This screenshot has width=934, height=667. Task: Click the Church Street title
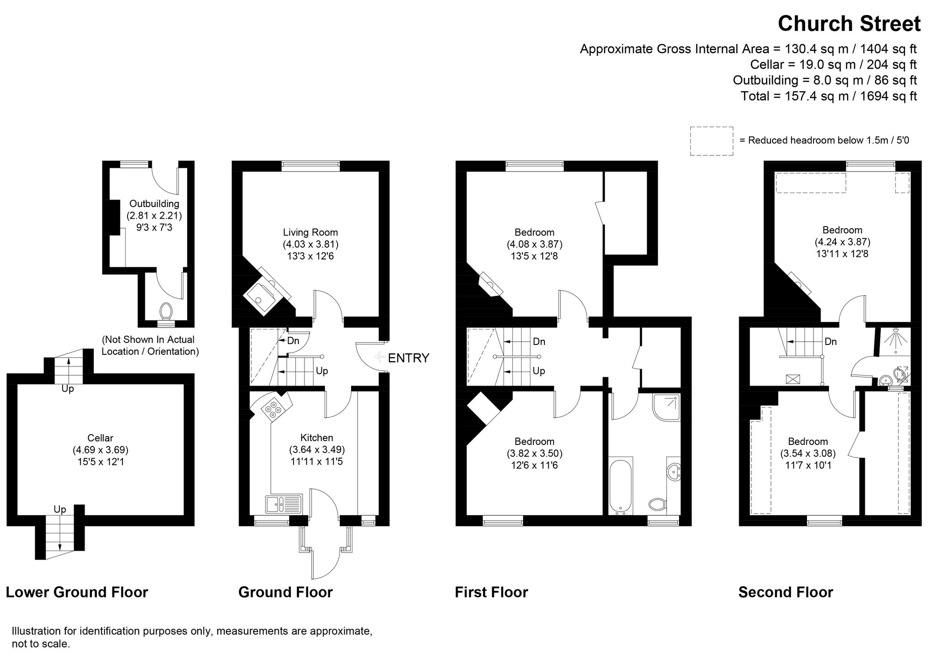849,24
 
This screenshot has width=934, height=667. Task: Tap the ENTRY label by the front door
408,358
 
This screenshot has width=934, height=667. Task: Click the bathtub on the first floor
621,486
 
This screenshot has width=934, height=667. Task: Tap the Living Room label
310,232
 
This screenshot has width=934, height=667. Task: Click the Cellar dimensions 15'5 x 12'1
100,462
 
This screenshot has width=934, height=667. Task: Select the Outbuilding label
154,204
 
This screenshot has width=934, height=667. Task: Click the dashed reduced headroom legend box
711,141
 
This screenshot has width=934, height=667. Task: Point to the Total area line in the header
828,96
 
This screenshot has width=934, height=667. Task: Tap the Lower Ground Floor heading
77,592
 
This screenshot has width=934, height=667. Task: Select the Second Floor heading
785,592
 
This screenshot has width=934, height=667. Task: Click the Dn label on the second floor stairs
830,342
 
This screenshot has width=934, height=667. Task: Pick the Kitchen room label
317,438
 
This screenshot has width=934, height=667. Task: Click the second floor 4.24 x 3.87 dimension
842,242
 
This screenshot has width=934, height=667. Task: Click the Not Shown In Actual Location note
150,345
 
